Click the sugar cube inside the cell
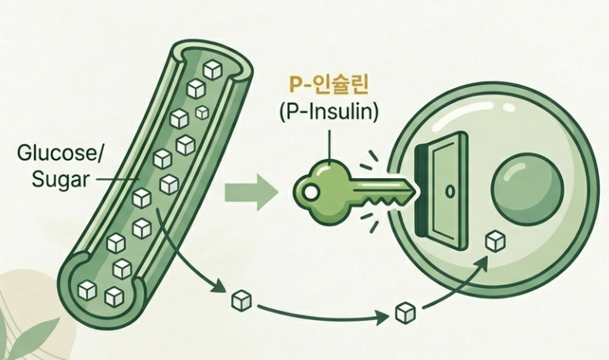tap(494, 242)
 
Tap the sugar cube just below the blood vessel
tap(240, 299)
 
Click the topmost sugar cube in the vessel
tap(210, 70)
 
